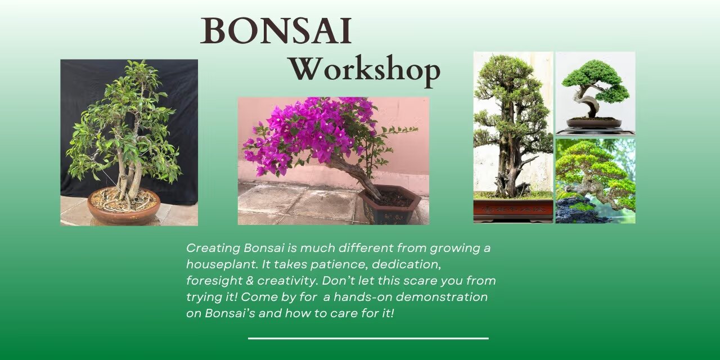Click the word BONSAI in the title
pos(276,31)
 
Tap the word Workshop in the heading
pos(364,70)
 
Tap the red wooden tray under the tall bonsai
pos(513,210)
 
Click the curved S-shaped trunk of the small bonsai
pos(591,104)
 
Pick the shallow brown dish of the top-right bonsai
pos(594,123)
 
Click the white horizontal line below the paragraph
pos(368,338)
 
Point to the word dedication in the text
pos(406,264)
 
